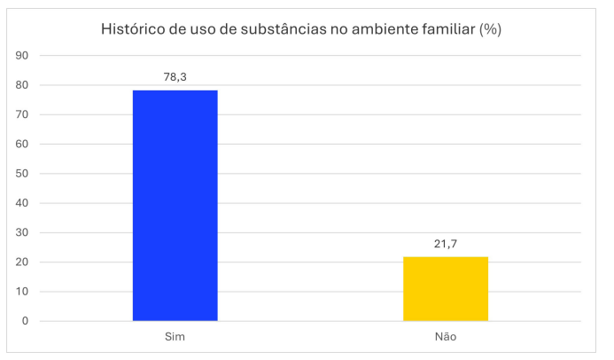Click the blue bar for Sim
point(175,205)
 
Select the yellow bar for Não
point(446,288)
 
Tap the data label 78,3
point(175,77)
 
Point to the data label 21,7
point(446,243)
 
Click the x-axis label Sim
point(175,338)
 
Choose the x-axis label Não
point(446,338)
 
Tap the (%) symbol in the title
point(490,29)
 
